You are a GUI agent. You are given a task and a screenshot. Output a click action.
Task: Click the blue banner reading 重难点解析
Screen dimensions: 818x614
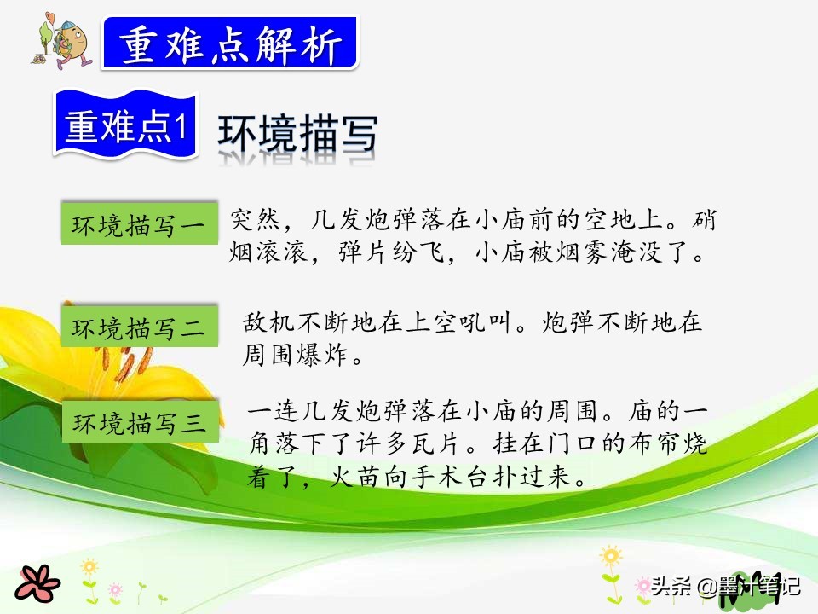coord(230,43)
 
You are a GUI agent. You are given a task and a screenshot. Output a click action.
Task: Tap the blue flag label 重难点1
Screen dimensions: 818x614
coord(126,125)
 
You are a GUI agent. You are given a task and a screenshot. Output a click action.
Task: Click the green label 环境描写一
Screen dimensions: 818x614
coord(139,223)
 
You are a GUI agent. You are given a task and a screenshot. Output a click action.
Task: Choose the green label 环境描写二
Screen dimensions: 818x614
coord(139,327)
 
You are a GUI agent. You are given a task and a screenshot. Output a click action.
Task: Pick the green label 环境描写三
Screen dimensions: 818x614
coord(140,422)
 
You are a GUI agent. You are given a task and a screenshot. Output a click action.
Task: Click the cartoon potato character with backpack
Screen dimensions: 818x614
coord(63,42)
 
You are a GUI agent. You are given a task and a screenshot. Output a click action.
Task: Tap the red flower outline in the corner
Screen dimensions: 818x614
coord(37,583)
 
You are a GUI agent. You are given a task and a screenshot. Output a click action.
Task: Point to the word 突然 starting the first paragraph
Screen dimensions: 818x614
coord(256,220)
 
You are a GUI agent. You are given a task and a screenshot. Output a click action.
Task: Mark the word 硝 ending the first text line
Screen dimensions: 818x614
coord(705,220)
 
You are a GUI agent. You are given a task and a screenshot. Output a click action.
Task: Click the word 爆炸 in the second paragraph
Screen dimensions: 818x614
coord(322,356)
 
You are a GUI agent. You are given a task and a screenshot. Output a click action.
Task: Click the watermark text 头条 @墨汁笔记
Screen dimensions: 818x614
coord(725,586)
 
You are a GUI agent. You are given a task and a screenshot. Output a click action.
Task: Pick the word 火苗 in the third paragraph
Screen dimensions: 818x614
coord(356,477)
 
